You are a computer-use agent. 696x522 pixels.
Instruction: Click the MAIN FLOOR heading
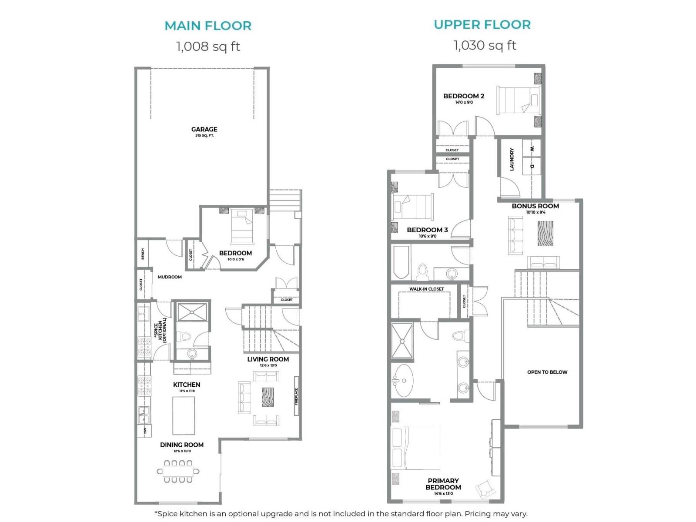tap(208, 26)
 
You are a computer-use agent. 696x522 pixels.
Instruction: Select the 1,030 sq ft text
tap(485, 45)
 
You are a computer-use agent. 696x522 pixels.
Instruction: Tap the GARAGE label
tap(204, 129)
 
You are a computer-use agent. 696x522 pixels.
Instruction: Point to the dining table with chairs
tap(178, 471)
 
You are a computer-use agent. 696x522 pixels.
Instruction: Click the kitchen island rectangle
tap(184, 415)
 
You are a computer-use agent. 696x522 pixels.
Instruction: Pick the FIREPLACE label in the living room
tap(296, 396)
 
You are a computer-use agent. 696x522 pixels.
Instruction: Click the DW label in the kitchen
tap(145, 431)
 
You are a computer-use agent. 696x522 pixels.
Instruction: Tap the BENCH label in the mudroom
tap(143, 254)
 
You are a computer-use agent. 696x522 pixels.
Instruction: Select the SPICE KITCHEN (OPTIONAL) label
tap(160, 331)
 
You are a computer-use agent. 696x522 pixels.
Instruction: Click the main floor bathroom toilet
tap(186, 336)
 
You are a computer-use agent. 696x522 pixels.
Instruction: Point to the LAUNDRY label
tap(512, 159)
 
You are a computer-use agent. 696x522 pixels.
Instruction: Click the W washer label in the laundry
tap(532, 149)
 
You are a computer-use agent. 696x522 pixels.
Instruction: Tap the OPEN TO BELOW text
tap(547, 372)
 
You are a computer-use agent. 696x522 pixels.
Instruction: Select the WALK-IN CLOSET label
tap(426, 289)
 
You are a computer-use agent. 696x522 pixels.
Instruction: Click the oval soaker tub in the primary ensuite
tap(404, 381)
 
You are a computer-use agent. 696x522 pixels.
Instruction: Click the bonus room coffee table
tap(545, 234)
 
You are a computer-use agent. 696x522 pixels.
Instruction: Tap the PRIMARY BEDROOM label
tap(443, 484)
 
